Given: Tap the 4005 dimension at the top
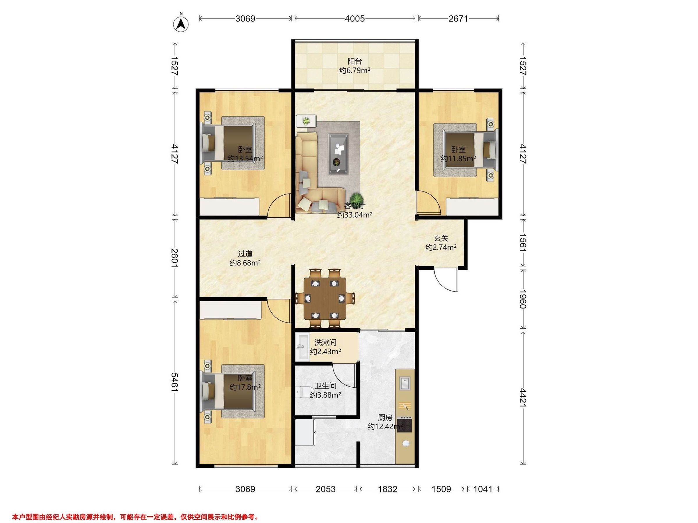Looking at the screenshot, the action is point(355,19).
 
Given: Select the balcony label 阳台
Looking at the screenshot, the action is point(355,61).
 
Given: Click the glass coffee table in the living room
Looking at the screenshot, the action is point(338,154).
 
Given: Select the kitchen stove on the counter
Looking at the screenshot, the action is point(405,424).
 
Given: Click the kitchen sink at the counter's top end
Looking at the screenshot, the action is point(405,383).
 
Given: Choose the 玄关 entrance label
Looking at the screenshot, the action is point(441,239).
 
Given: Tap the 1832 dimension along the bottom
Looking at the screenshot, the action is point(387,489).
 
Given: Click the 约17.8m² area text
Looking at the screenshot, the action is point(245,387).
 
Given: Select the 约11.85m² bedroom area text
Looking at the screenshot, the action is point(458,159).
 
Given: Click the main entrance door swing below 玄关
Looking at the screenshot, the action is point(446,279).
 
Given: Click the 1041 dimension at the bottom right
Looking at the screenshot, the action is point(483,489).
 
